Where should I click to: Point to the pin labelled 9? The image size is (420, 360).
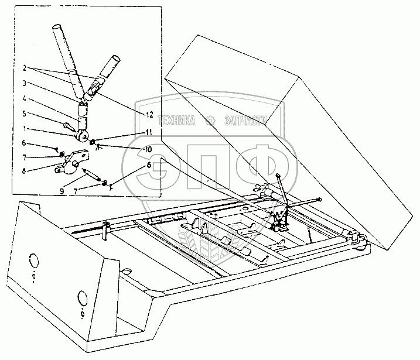pos(91,174)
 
